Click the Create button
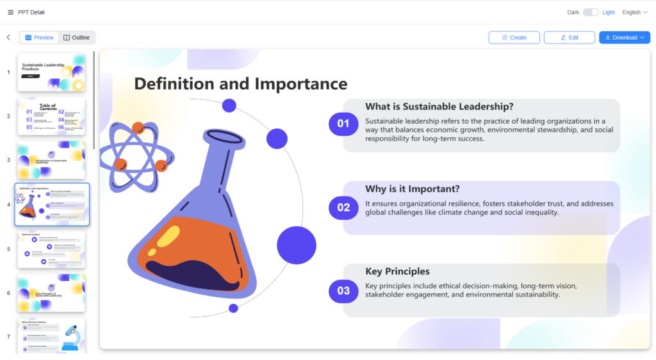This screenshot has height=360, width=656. tap(514, 38)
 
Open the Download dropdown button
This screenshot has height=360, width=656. tap(625, 38)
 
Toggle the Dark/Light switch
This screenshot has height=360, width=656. tap(591, 12)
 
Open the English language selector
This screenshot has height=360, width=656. tap(635, 12)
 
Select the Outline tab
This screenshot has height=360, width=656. tap(77, 38)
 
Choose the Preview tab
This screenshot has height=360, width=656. tap(40, 38)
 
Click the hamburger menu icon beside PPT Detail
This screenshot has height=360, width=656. tap(10, 12)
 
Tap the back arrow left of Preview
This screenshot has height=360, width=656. tap(8, 38)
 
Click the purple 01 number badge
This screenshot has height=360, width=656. tap(343, 124)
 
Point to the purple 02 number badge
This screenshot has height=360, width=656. tap(343, 207)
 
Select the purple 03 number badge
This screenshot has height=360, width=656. tap(343, 291)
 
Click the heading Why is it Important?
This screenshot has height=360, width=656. tap(413, 189)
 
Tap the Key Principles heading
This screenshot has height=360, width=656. tap(397, 272)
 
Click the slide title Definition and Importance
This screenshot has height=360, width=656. tap(241, 84)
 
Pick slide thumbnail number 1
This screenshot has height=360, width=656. tap(51, 72)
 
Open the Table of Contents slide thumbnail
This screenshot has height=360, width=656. tap(51, 116)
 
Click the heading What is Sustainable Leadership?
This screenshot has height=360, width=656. tap(439, 107)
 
